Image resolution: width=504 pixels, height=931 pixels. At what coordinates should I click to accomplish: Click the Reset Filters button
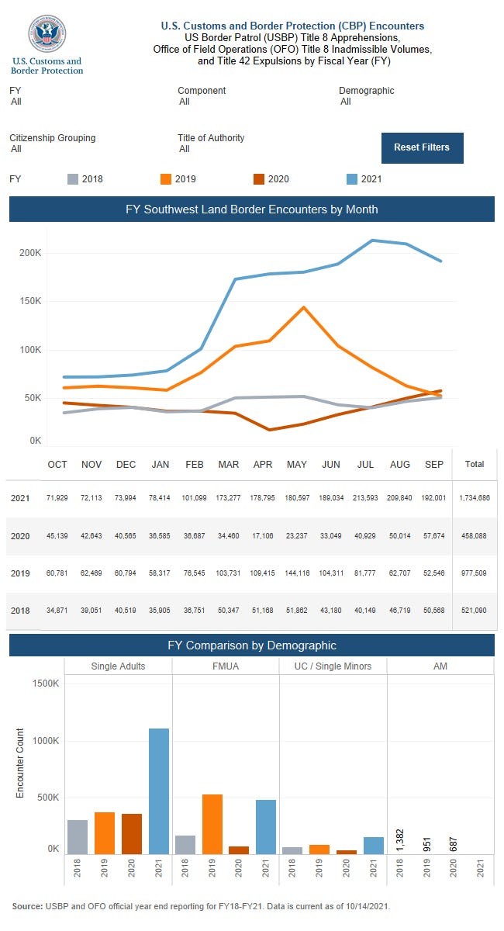pyautogui.click(x=422, y=147)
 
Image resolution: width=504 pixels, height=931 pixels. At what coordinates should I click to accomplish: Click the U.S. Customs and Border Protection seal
pyautogui.click(x=47, y=33)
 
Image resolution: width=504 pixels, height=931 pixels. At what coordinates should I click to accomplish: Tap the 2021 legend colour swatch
pyautogui.click(x=351, y=179)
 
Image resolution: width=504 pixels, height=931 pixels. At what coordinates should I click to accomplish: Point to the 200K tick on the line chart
pyautogui.click(x=30, y=253)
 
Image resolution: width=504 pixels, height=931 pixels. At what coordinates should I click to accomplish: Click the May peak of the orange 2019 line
pyautogui.click(x=304, y=307)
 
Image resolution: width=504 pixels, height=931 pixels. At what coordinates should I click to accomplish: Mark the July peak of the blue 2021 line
pyautogui.click(x=373, y=241)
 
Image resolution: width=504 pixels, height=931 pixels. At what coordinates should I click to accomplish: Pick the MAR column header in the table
pyautogui.click(x=229, y=465)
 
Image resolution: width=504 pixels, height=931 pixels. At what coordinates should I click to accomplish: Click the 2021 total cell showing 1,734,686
pyautogui.click(x=474, y=498)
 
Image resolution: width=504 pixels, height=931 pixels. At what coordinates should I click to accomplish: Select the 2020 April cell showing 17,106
pyautogui.click(x=263, y=535)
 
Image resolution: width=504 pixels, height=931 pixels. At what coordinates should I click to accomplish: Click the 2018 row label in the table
pyautogui.click(x=21, y=611)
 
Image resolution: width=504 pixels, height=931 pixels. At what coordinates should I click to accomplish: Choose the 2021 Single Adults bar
pyautogui.click(x=159, y=791)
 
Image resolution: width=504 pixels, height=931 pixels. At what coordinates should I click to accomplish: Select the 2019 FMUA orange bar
pyautogui.click(x=212, y=824)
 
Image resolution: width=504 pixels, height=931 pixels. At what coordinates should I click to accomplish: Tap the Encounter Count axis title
pyautogui.click(x=21, y=763)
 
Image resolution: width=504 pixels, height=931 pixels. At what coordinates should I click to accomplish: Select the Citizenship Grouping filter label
pyautogui.click(x=53, y=138)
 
